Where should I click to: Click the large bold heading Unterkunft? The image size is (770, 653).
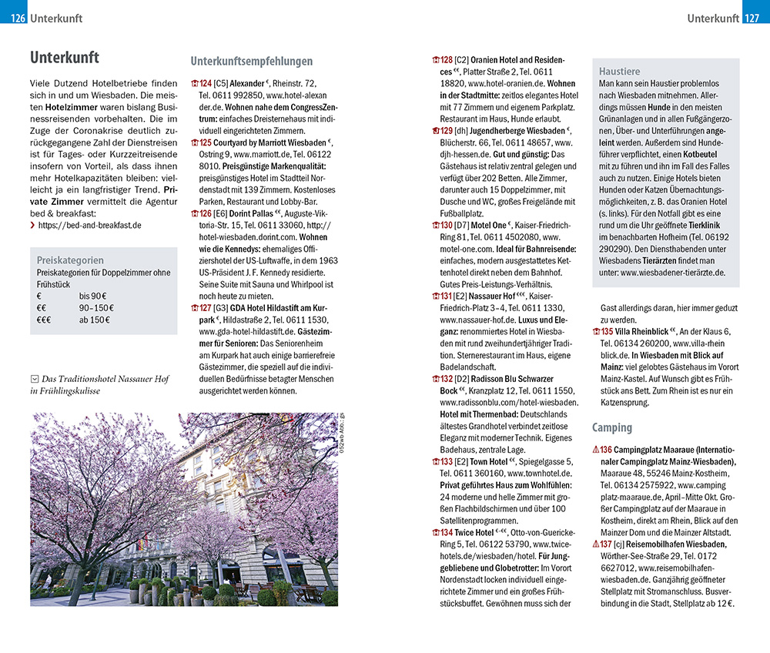point(65,58)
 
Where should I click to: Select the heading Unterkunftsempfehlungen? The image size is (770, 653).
point(251,62)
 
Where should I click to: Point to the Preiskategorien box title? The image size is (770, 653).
point(70,260)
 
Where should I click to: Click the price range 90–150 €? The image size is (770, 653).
point(95,307)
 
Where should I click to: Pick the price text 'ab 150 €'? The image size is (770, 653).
point(95,320)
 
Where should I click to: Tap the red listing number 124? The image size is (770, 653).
point(206,83)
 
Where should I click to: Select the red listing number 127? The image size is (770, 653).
point(206,308)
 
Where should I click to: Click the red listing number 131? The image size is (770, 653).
point(447,296)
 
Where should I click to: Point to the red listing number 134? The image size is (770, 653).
point(447,533)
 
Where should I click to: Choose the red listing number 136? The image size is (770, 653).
point(606,450)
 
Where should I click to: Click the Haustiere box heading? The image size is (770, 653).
point(619,72)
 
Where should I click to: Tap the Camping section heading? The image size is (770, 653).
point(611,427)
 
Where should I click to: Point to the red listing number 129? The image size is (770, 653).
point(447,131)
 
